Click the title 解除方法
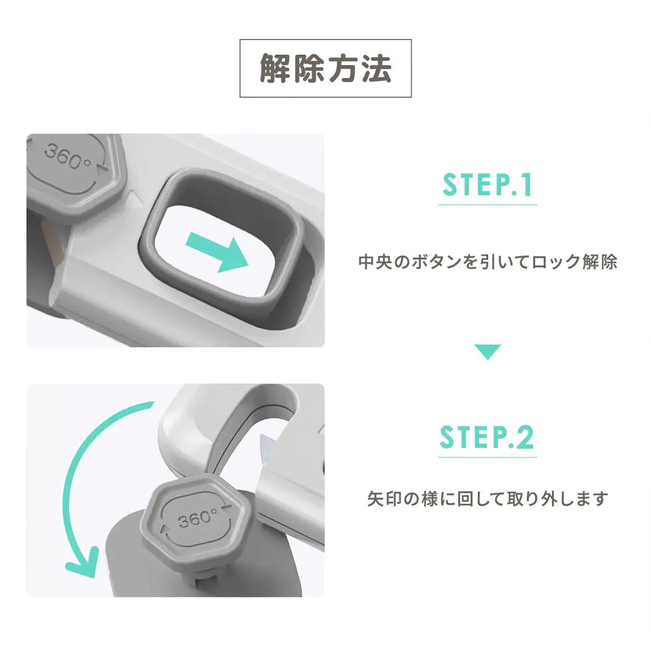point(325,68)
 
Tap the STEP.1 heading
point(488,185)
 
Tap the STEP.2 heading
point(487,437)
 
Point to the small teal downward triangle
point(487,352)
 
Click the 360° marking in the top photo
point(68,156)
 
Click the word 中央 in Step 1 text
point(374,262)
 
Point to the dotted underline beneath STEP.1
point(487,205)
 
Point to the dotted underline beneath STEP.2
point(487,456)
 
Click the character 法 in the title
point(378,68)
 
